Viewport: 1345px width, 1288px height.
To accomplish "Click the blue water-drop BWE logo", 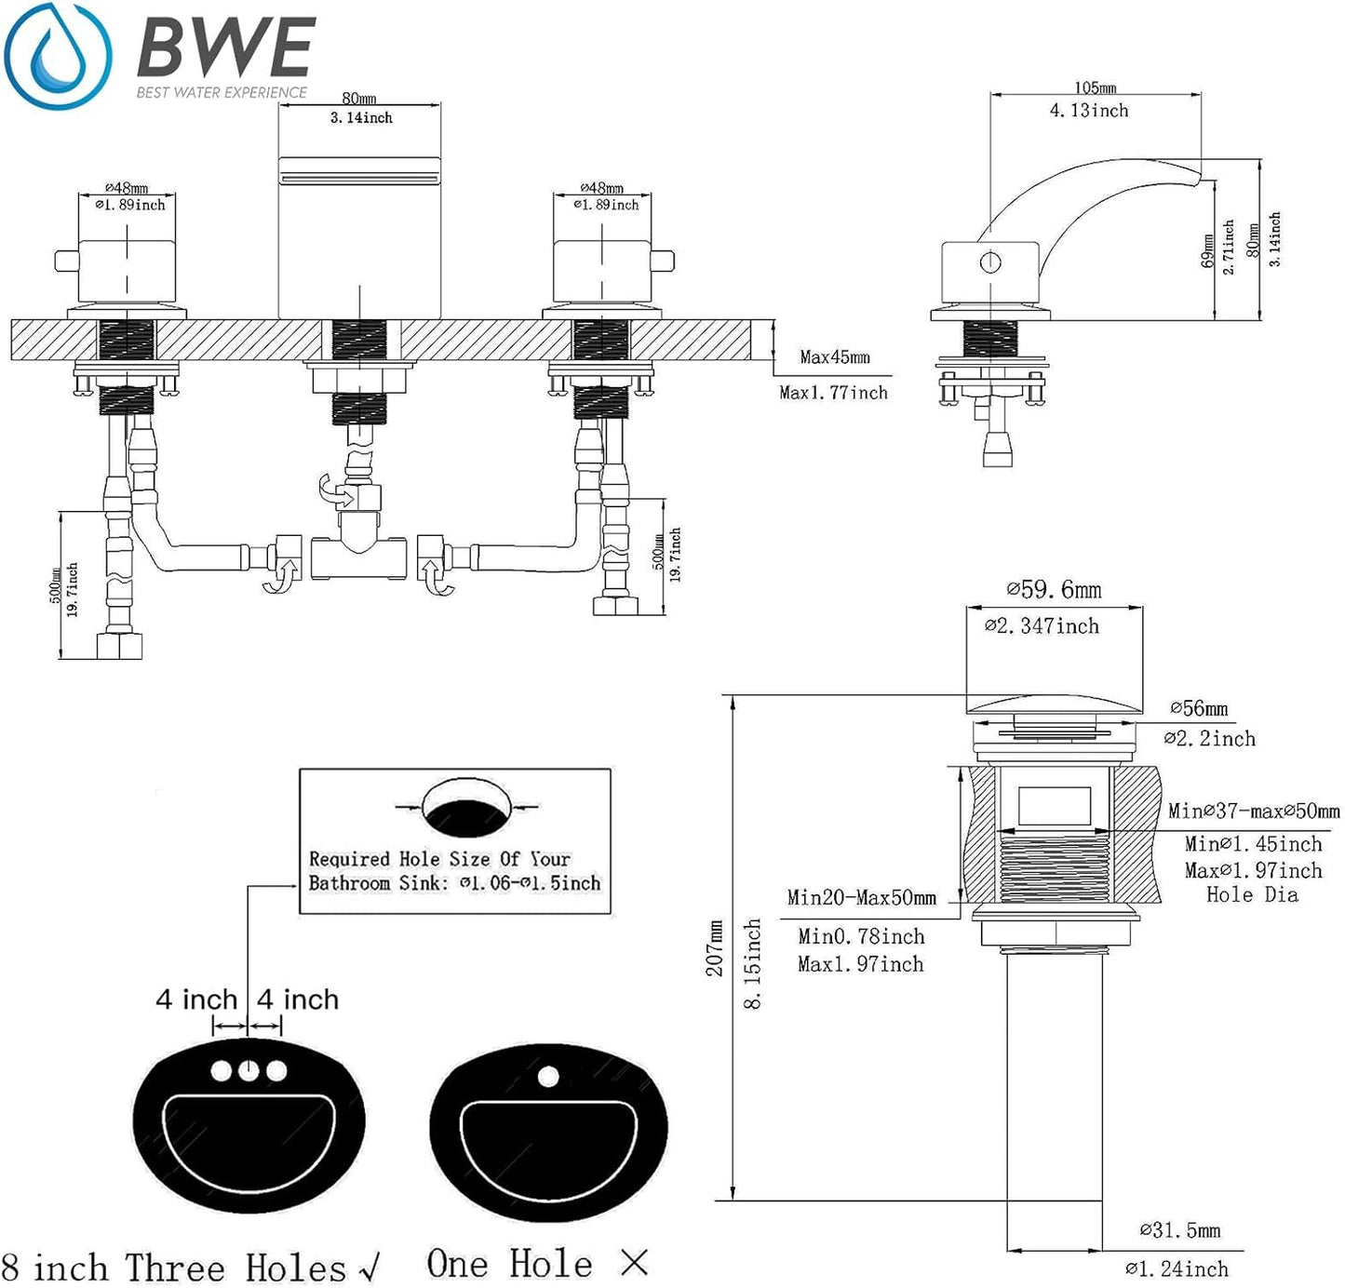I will click(x=58, y=56).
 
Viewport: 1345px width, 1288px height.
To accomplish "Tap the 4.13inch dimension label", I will click(x=1089, y=111).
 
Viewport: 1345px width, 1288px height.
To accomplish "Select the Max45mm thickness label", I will click(x=835, y=357).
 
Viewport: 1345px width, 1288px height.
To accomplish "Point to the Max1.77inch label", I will click(x=833, y=393).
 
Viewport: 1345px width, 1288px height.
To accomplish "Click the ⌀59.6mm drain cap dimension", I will click(x=1054, y=590).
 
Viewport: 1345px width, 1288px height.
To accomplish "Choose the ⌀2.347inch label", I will click(x=1042, y=626).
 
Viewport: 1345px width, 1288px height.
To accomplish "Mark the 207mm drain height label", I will click(x=715, y=948).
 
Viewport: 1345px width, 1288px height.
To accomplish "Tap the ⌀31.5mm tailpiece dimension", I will click(x=1180, y=1230).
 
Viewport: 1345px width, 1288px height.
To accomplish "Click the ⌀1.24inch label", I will click(x=1177, y=1268).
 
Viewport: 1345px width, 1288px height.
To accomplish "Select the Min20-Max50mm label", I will click(x=861, y=898).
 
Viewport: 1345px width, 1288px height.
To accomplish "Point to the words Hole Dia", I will click(x=1252, y=895).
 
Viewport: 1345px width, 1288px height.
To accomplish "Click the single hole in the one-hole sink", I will click(x=548, y=1078).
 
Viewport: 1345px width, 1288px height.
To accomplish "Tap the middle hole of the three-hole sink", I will click(x=249, y=1071).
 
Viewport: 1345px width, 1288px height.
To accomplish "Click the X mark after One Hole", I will click(x=634, y=1263).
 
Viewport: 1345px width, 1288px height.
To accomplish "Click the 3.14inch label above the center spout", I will click(x=361, y=118).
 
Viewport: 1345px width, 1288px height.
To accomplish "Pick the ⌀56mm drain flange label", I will click(x=1199, y=709).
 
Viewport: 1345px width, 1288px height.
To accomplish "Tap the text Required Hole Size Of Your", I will click(x=439, y=859).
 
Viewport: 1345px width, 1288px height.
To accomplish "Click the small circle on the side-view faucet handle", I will click(x=990, y=262).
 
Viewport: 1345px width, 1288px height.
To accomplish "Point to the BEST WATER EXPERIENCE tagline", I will click(x=222, y=92).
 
